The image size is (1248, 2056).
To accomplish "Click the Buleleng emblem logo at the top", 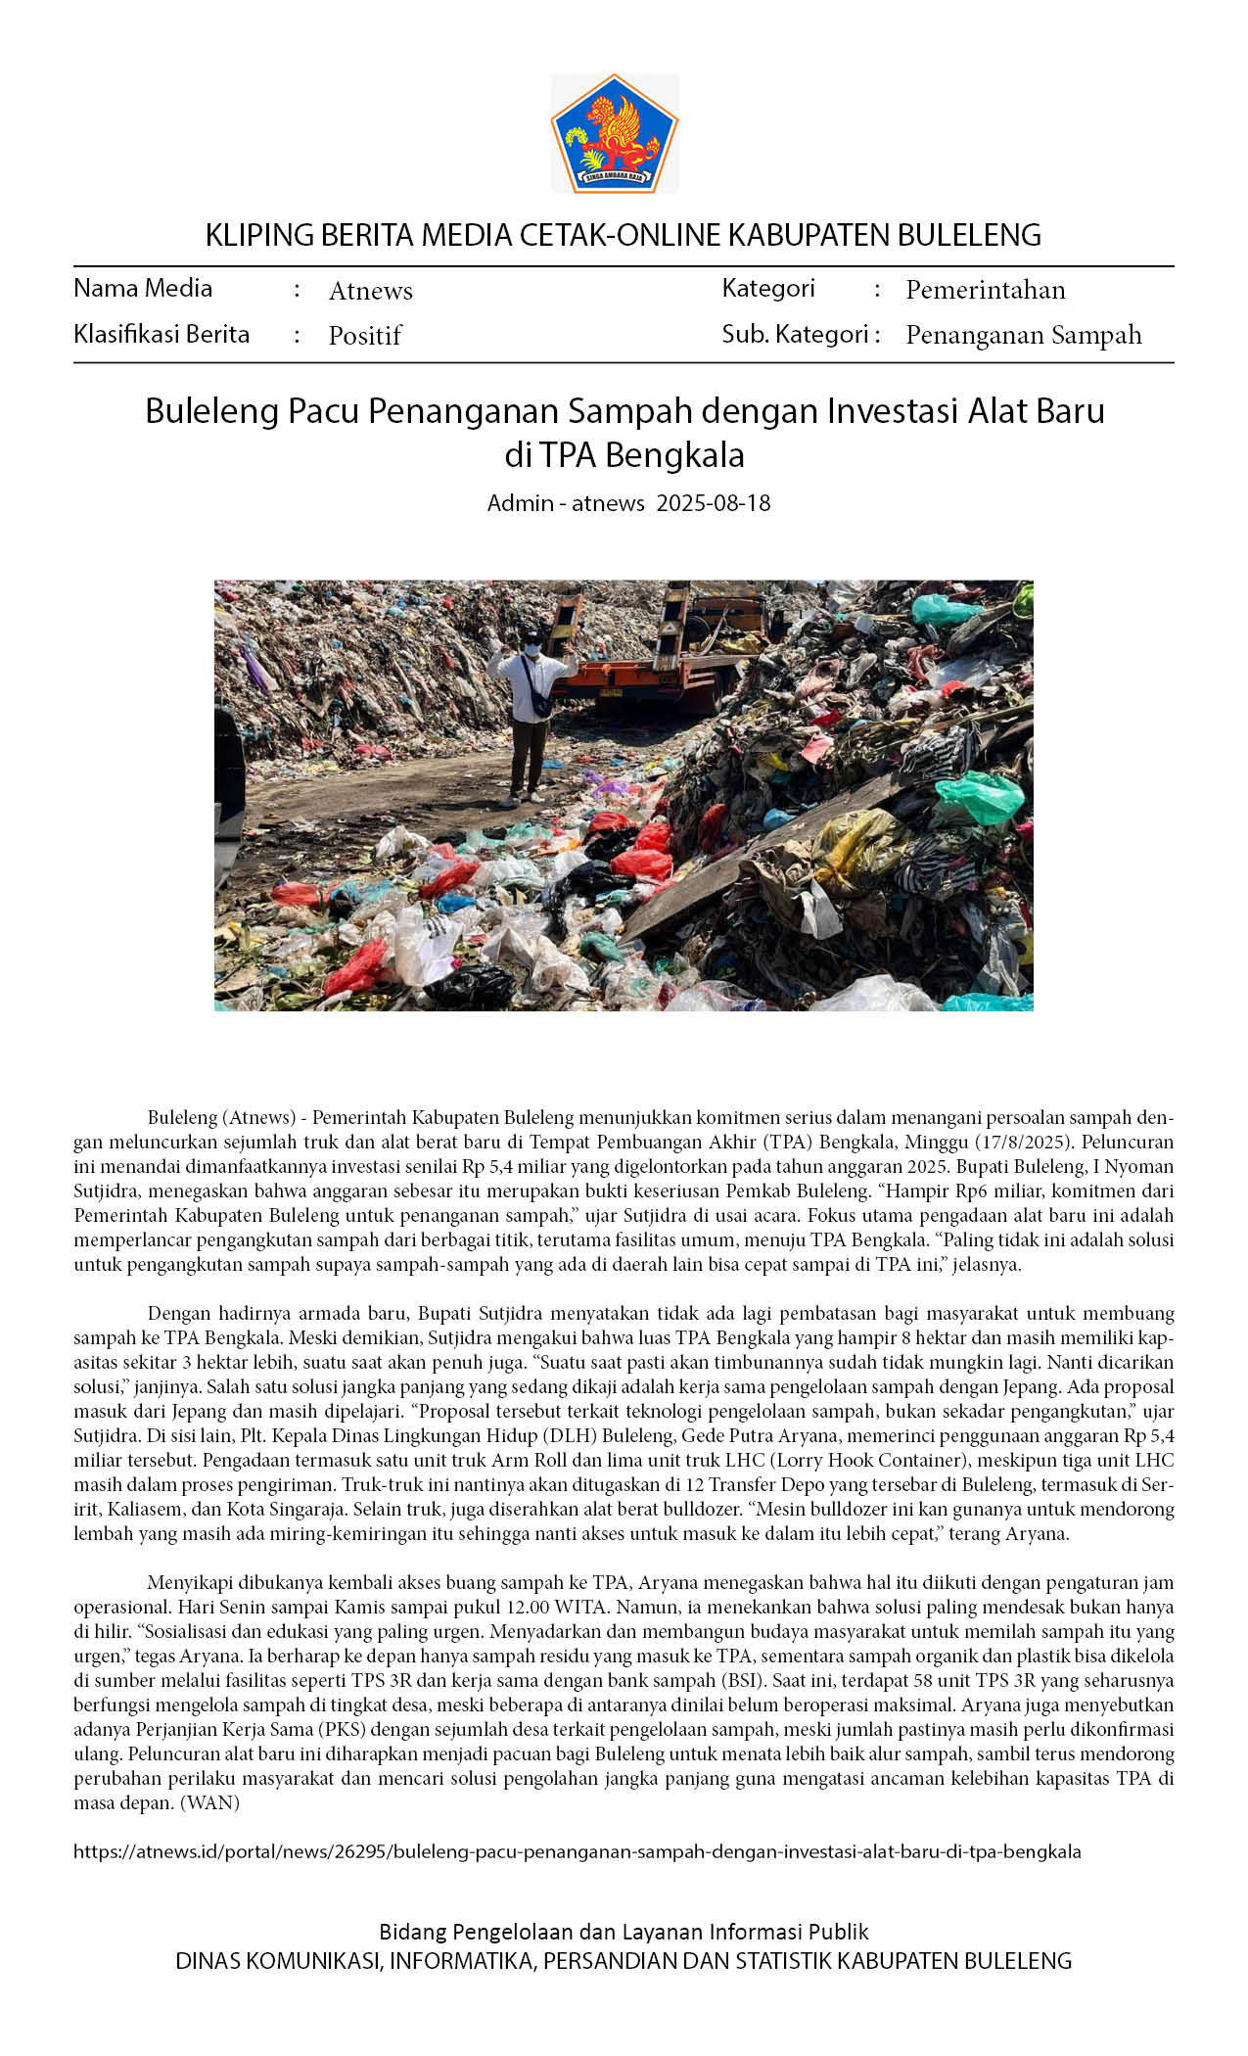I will (614, 134).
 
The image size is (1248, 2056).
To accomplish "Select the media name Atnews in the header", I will (370, 291).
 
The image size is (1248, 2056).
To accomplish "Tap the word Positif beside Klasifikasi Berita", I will (364, 336).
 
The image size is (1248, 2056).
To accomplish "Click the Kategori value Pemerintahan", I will (985, 290).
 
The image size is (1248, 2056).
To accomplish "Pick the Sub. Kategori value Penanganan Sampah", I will (1023, 335).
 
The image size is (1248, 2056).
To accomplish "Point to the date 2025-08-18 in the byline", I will (713, 503).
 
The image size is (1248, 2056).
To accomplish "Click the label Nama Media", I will (143, 288).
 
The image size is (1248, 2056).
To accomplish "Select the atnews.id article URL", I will (578, 1851).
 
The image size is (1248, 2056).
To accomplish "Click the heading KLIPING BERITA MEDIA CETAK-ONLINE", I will (623, 235).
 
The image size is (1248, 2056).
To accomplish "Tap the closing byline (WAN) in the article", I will (209, 1802).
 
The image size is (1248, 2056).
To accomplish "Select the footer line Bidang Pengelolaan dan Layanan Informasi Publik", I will (624, 1932).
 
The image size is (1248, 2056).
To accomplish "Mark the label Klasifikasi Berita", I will (162, 334).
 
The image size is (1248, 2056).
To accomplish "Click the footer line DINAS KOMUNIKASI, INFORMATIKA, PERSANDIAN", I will (624, 1961).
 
